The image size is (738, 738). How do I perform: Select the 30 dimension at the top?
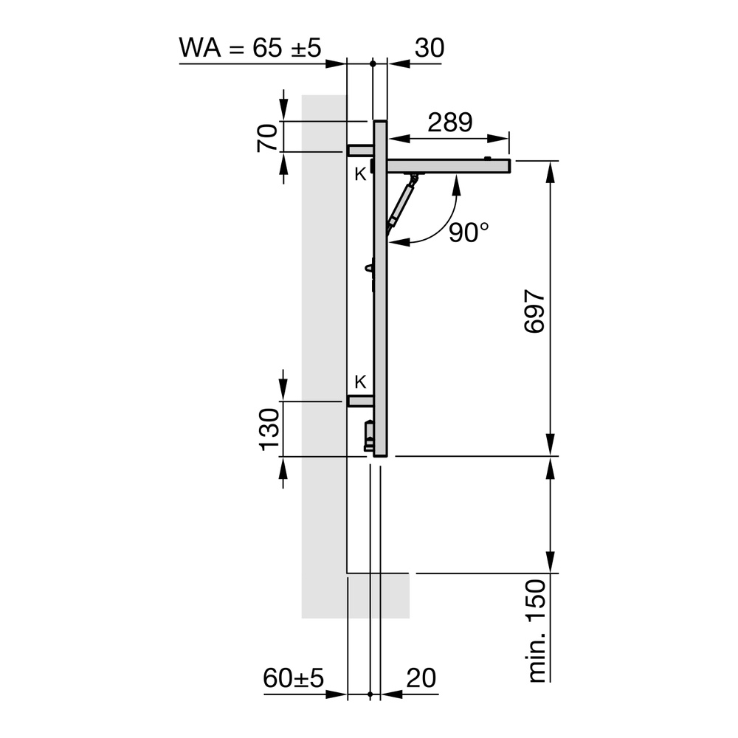(429, 48)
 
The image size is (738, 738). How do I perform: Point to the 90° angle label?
(469, 232)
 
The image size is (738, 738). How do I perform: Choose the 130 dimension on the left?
(269, 429)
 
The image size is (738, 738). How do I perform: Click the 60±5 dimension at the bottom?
(294, 677)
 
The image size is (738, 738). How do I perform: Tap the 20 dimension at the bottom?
(419, 677)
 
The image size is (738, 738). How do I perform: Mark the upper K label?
(359, 174)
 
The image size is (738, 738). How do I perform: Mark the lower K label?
(360, 382)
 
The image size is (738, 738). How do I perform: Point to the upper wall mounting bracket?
(360, 151)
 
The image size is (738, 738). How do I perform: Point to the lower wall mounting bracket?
(360, 401)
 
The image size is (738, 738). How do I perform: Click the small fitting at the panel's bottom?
(369, 435)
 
